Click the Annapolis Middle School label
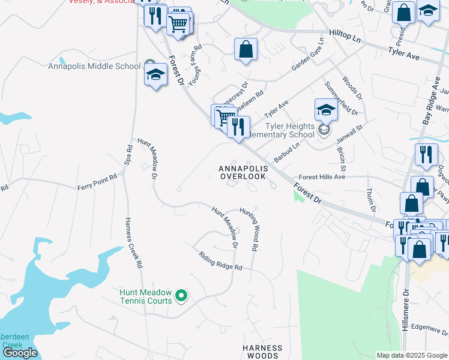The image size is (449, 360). (x=94, y=66)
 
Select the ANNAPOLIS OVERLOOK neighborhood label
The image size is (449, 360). (x=243, y=172)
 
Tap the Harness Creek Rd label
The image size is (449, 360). (x=133, y=242)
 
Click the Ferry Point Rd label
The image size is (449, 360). (x=99, y=183)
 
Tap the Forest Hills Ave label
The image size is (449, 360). (x=322, y=178)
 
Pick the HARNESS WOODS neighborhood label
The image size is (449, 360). (x=262, y=352)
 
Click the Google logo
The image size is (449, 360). (x=19, y=353)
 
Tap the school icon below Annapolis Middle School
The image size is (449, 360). (x=155, y=76)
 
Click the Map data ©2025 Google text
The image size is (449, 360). (x=411, y=355)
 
